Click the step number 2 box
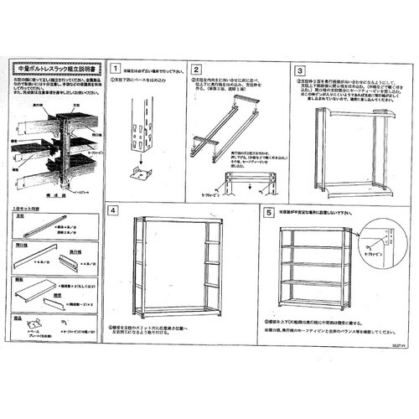(x=196, y=70)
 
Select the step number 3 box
(x=301, y=70)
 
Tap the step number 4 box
(x=114, y=212)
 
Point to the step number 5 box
(x=269, y=212)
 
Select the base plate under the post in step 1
(x=139, y=173)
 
